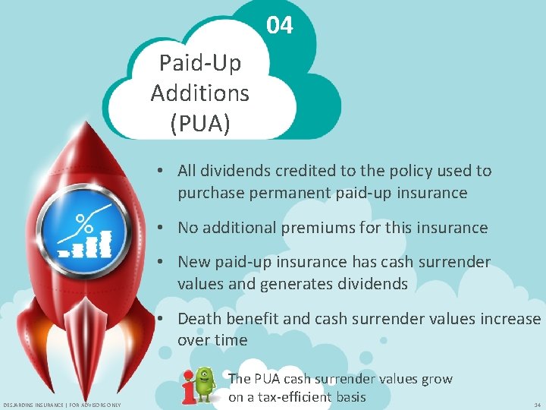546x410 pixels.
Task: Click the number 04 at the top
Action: coord(279,26)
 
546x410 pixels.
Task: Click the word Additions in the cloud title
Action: coord(199,93)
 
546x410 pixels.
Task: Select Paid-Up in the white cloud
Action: coord(199,62)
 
